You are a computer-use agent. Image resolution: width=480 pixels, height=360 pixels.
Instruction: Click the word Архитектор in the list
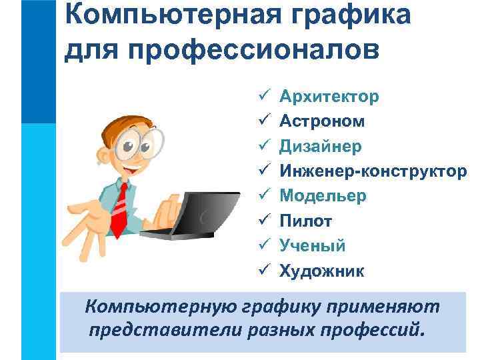(329, 97)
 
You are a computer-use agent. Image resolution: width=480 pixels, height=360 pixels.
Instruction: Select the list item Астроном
(322, 121)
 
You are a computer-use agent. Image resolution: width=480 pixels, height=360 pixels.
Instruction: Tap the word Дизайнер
(321, 146)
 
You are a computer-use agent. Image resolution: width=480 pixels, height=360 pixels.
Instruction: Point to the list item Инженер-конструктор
(373, 171)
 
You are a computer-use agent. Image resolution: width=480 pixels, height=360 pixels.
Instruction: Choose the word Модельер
(323, 196)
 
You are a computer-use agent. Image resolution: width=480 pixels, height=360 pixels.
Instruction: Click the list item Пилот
(305, 221)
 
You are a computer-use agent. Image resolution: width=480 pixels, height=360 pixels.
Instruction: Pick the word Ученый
(312, 245)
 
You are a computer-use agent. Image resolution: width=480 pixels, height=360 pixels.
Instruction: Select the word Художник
(322, 271)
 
